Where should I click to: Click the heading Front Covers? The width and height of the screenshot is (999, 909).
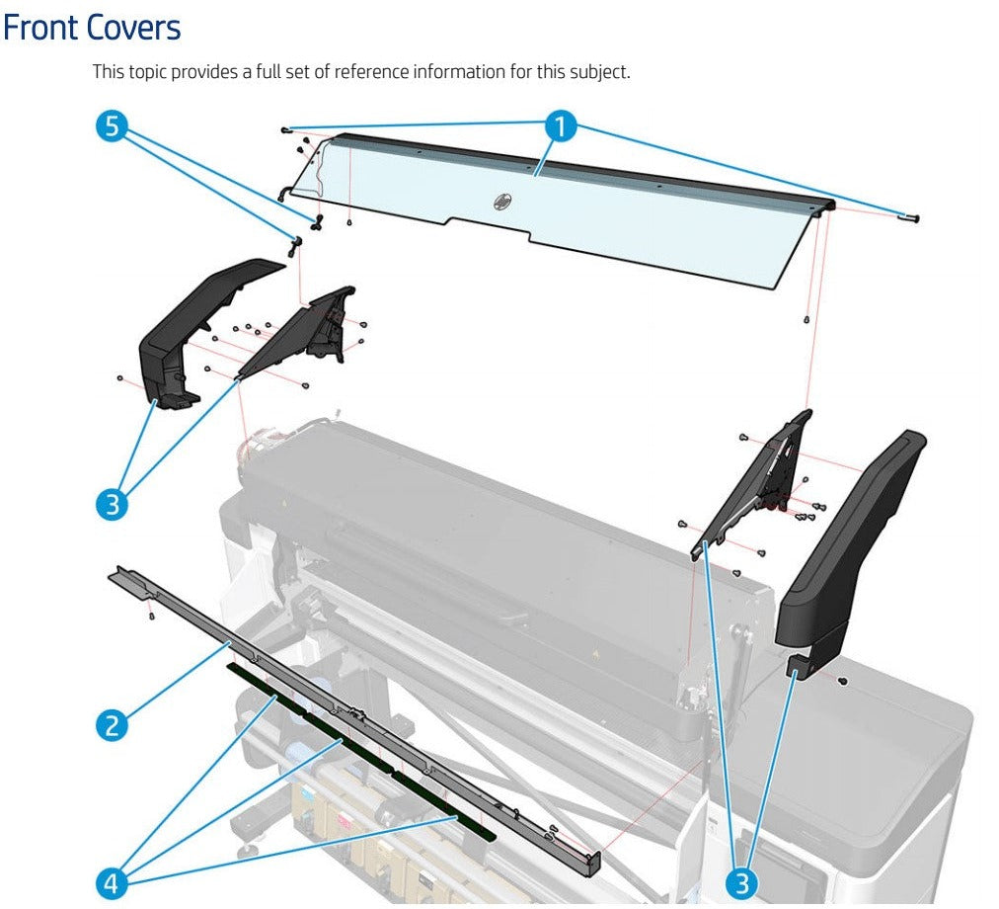point(92,29)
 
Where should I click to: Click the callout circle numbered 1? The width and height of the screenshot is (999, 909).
point(561,126)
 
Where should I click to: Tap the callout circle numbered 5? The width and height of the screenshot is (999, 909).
point(113,126)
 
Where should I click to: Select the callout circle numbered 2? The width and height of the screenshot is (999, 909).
point(112,725)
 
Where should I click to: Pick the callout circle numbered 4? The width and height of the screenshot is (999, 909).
point(112,882)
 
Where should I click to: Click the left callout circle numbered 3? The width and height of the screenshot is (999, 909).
point(112,505)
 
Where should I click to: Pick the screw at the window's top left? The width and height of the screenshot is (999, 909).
point(285,129)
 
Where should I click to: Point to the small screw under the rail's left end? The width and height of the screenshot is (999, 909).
point(150,616)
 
